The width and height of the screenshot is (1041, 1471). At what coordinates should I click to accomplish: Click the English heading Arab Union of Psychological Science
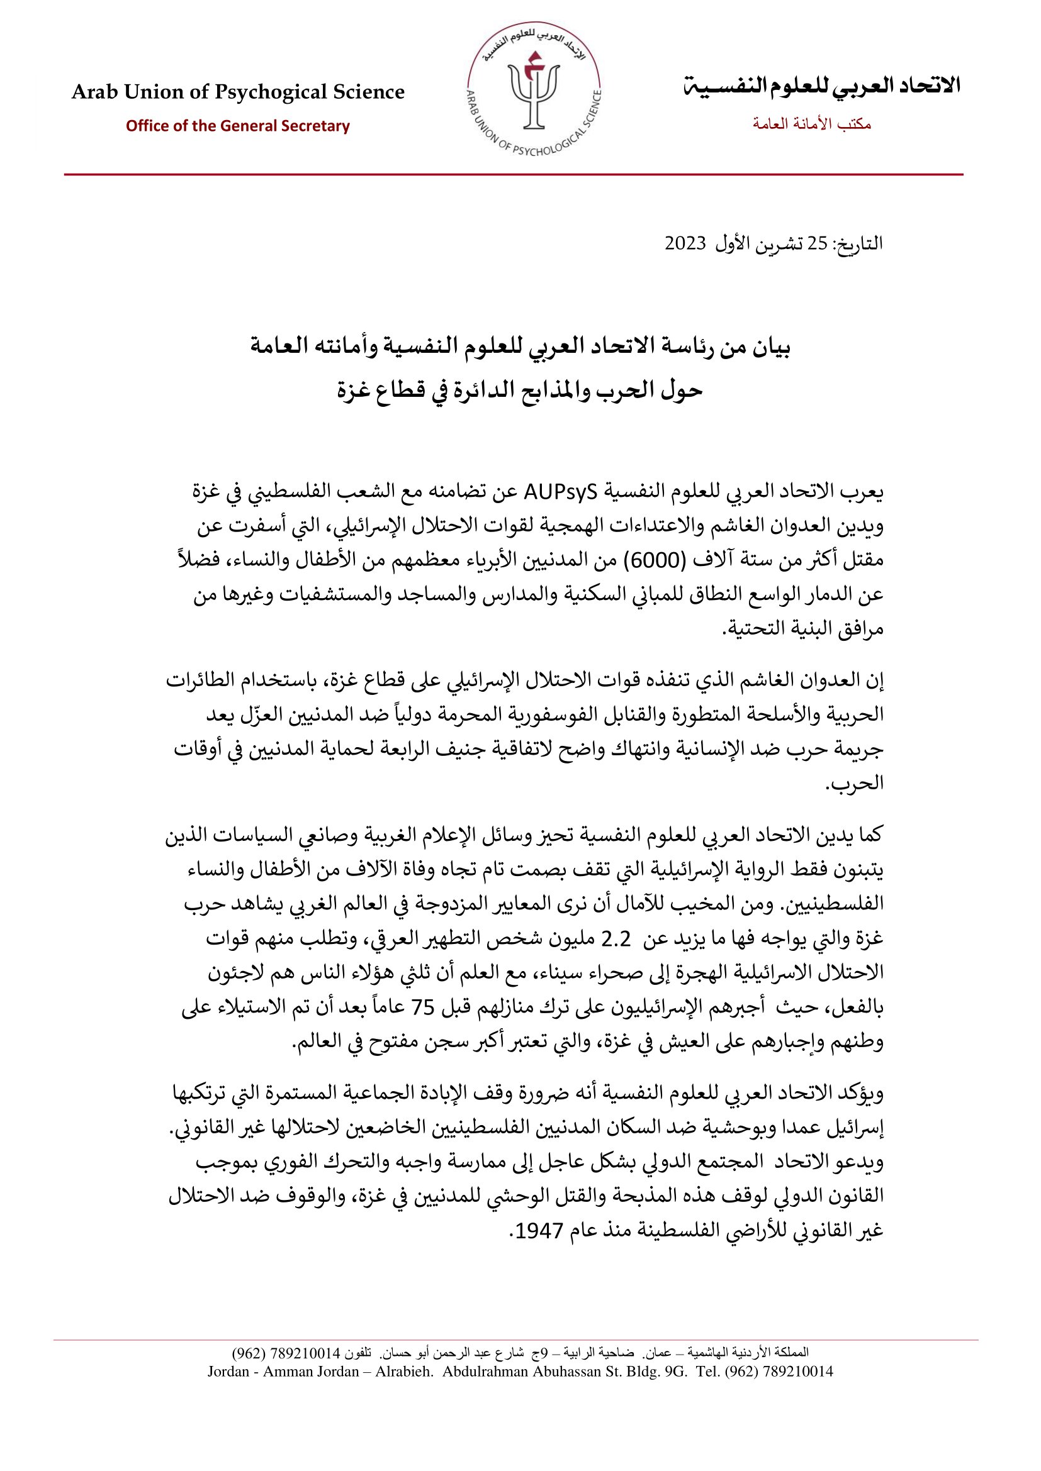click(238, 92)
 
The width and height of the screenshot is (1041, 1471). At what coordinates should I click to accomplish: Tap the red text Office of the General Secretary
click(238, 126)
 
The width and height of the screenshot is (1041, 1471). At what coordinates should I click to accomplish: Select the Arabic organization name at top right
click(821, 85)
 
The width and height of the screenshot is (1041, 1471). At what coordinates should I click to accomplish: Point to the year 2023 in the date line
click(685, 244)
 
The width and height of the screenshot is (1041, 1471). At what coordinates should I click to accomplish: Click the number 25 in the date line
click(817, 244)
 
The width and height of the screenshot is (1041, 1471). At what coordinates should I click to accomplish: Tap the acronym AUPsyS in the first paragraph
click(560, 492)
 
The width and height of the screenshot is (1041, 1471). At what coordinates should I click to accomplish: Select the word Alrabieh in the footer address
click(404, 1372)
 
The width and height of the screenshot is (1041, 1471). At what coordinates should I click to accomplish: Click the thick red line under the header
click(513, 174)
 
